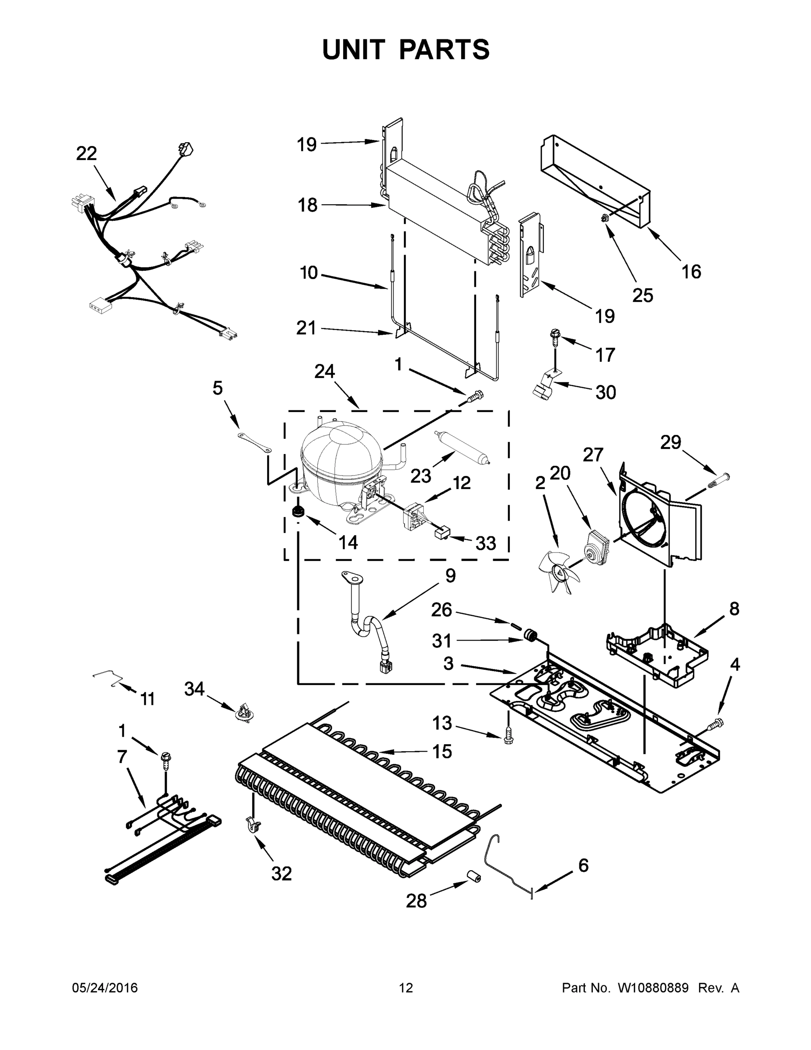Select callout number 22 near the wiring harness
(87, 154)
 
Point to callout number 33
(485, 543)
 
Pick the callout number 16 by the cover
(691, 272)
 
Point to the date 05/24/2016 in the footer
(105, 988)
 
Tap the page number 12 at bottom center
(406, 988)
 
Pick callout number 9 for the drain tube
(450, 575)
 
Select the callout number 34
(195, 689)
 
